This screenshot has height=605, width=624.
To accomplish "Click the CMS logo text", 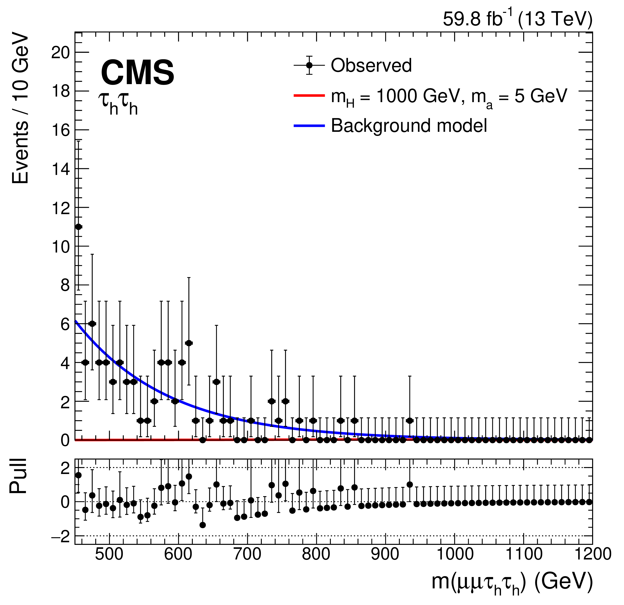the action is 138,73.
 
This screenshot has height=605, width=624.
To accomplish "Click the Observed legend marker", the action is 309,65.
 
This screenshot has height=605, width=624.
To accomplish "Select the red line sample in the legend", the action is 309,95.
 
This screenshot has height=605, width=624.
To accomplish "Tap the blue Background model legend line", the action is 309,126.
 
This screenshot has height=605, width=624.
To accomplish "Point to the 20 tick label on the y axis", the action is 60,52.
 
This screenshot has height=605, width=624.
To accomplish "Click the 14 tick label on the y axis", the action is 60,169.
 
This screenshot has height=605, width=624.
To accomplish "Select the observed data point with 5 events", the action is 189,343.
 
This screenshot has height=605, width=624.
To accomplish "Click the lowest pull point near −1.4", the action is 202,525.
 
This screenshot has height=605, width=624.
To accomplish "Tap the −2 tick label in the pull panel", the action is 60,536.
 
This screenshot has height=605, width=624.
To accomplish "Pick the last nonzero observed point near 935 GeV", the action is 410,421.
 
